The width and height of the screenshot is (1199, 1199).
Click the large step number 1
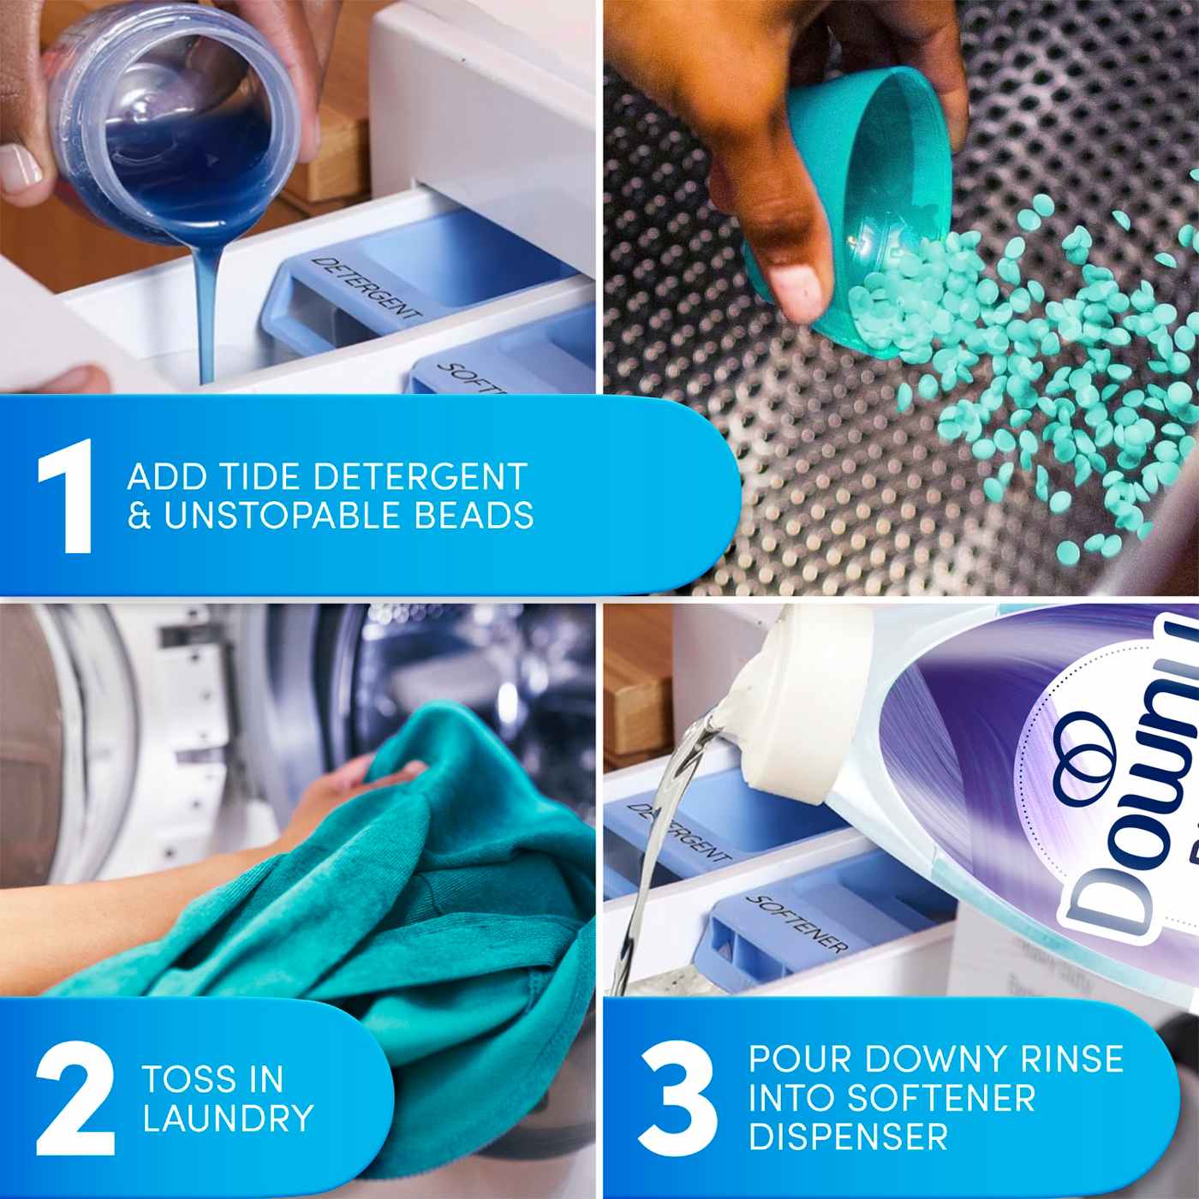[67, 496]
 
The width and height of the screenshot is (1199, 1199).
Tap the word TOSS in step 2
[188, 1079]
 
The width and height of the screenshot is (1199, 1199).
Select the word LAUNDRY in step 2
[228, 1118]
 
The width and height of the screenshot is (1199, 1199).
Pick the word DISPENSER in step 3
[848, 1136]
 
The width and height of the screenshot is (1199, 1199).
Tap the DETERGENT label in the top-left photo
[365, 289]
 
